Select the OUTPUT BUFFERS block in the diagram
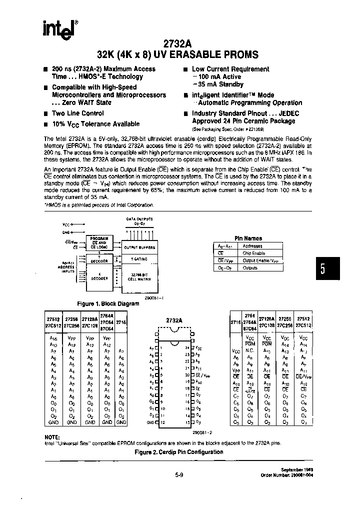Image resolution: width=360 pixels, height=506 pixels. (139, 247)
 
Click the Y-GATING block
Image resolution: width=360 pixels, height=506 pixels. (139, 259)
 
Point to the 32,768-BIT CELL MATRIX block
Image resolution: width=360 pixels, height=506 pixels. (139, 276)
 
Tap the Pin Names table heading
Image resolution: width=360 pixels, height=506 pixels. (248, 238)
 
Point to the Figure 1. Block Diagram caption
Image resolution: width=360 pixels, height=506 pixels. (107, 303)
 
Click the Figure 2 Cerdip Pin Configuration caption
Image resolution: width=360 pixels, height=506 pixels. (179, 451)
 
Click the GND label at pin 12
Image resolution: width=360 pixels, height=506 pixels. (151, 422)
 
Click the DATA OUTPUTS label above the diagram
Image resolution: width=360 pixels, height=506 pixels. (139, 219)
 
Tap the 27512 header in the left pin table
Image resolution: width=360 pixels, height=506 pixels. (53, 318)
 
